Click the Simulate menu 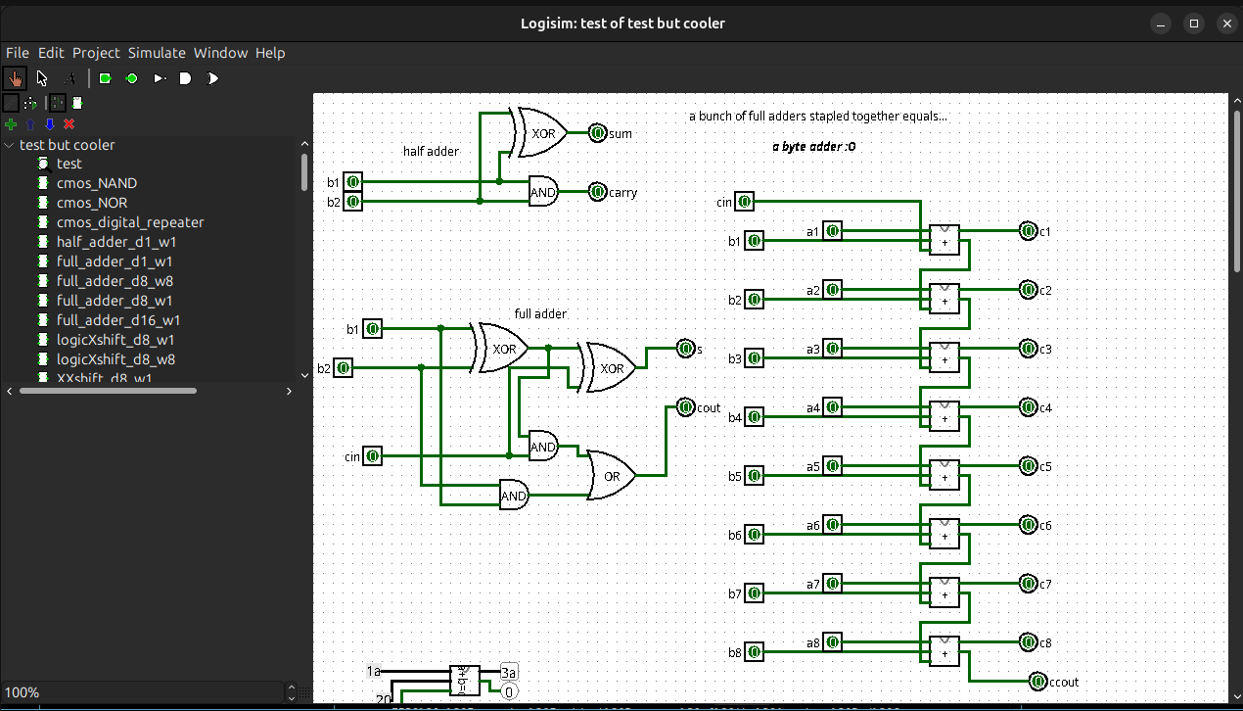157,53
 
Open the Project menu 96,53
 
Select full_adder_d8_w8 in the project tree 115,281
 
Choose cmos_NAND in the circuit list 96,183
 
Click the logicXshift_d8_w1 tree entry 115,340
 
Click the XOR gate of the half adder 539,133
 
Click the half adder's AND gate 542,192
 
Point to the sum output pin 598,133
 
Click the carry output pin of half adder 598,192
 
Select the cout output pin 686,407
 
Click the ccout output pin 1038,682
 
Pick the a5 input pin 832,466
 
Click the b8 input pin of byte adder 754,652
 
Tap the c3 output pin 1028,349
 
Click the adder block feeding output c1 944,240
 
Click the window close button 1225,24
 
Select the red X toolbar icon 69,124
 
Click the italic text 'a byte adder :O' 813,147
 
